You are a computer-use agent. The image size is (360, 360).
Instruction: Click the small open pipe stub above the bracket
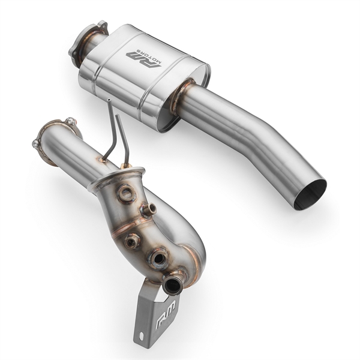pos(173,284)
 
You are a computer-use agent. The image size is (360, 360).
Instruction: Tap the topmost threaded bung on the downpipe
pos(125,193)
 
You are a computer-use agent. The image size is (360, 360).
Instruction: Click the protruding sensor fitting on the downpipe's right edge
pos(149,209)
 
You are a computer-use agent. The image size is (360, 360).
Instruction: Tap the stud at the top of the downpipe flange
pos(71,122)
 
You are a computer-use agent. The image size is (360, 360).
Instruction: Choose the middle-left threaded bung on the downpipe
pos(132,240)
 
